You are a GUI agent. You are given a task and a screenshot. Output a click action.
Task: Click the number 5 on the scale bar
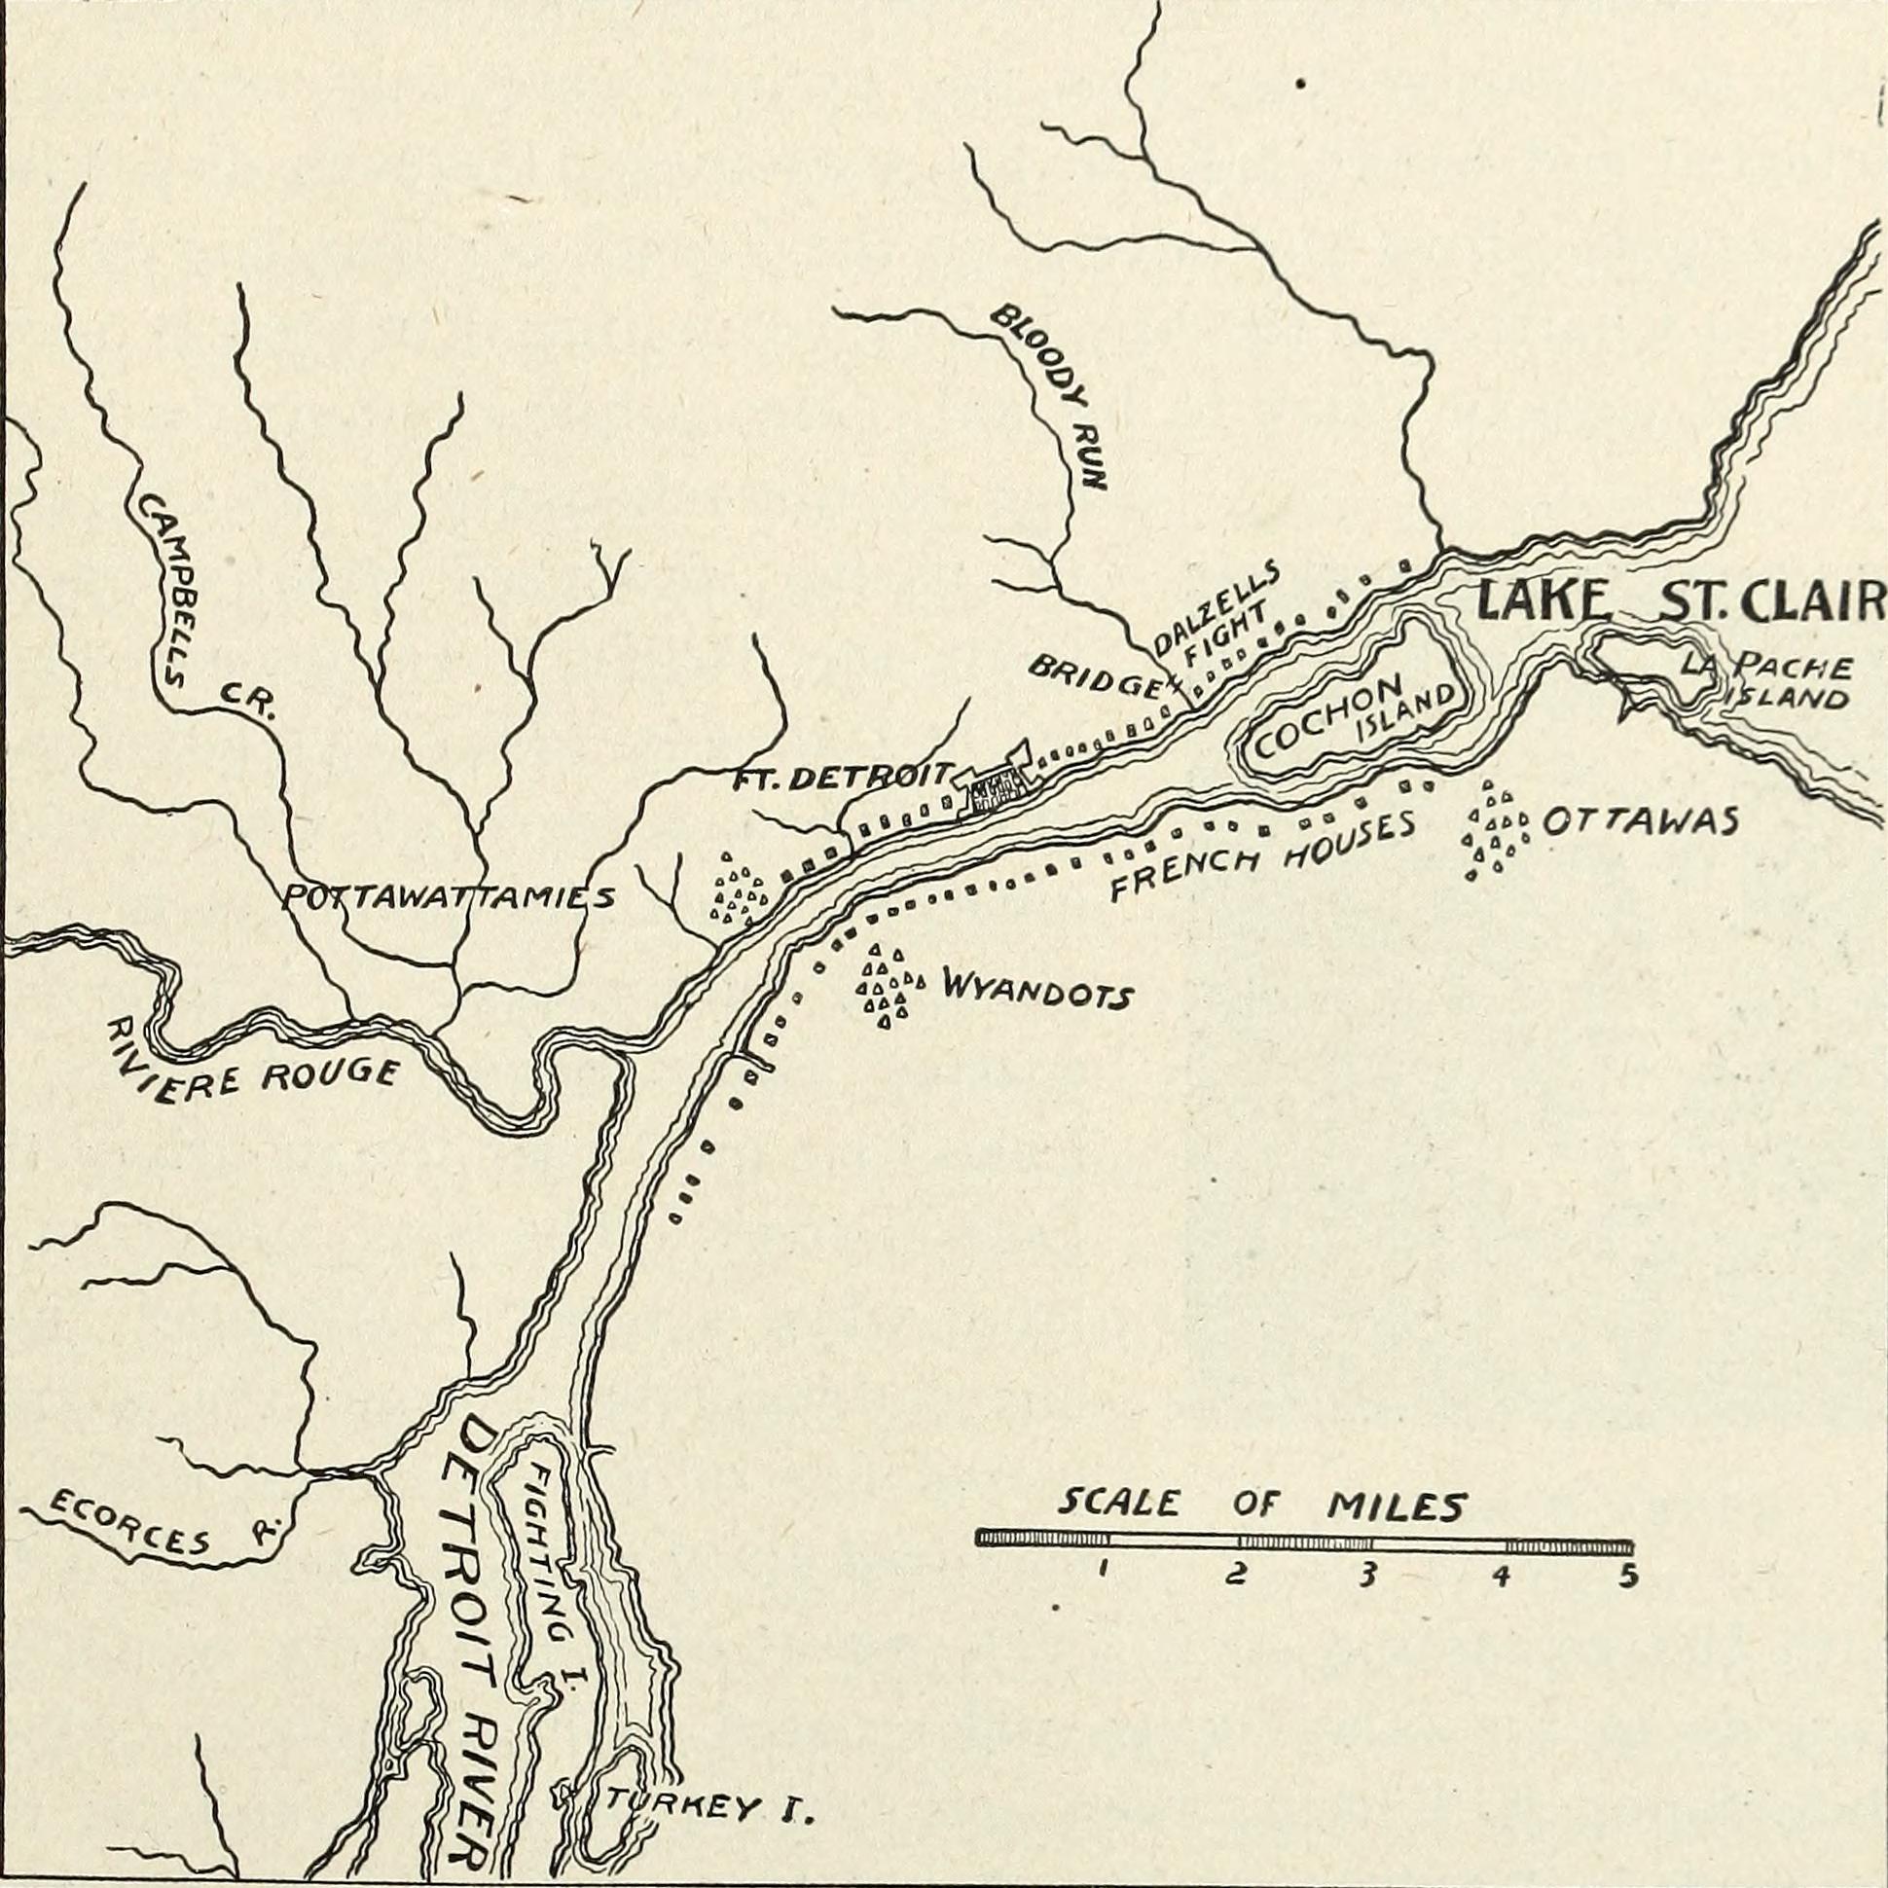pos(1627,1579)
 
